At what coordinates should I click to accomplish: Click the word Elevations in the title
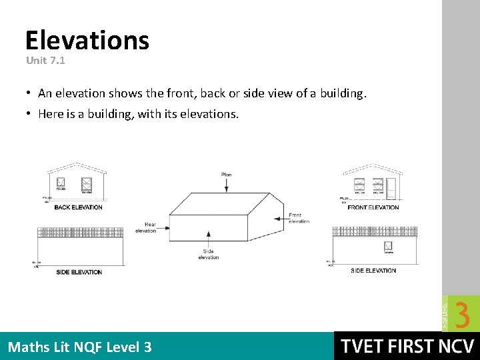pyautogui.click(x=87, y=41)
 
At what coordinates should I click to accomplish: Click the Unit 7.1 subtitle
pyautogui.click(x=45, y=60)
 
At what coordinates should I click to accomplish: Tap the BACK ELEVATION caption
pyautogui.click(x=78, y=207)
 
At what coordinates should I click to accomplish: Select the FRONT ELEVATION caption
pyautogui.click(x=373, y=207)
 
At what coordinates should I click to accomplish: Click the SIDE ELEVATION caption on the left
pyautogui.click(x=79, y=272)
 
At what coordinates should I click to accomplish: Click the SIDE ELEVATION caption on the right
pyautogui.click(x=373, y=271)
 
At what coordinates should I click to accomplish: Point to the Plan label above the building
pyautogui.click(x=226, y=175)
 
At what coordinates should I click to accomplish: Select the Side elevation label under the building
pyautogui.click(x=208, y=254)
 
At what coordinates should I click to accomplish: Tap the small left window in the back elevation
pyautogui.click(x=61, y=182)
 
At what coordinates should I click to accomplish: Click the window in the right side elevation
pyautogui.click(x=387, y=247)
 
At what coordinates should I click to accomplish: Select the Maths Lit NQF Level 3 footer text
pyautogui.click(x=79, y=347)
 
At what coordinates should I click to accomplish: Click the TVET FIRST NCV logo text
pyautogui.click(x=407, y=346)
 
